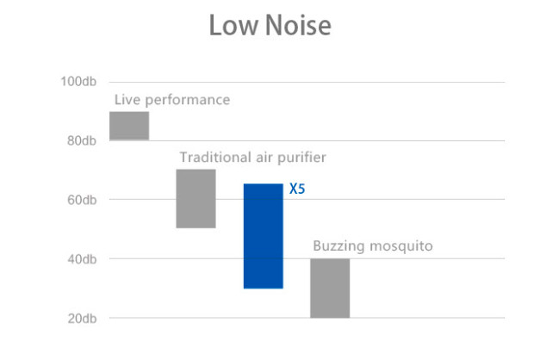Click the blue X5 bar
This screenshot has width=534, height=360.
click(263, 236)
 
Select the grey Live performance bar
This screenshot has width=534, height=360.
click(129, 126)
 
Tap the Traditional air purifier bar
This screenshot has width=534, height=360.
click(196, 198)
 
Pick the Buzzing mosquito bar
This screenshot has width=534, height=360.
click(330, 288)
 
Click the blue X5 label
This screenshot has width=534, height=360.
click(297, 189)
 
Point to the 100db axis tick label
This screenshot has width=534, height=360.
click(78, 82)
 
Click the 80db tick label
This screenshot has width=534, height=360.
click(80, 141)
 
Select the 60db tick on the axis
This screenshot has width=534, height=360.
click(80, 201)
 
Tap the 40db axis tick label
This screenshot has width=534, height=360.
click(80, 260)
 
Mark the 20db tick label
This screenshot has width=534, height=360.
click(80, 319)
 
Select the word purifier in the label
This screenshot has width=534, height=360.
click(302, 158)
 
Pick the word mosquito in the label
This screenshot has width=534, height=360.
click(400, 247)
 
